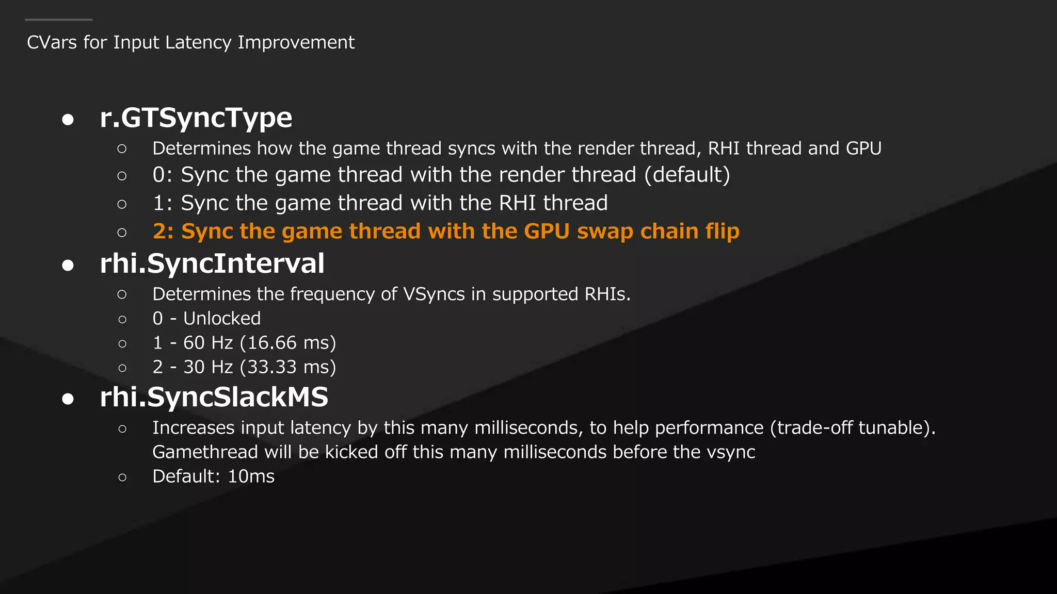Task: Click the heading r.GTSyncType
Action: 196,118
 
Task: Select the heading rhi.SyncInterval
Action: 212,263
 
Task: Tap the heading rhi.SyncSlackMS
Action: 214,397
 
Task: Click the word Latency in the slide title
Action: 198,42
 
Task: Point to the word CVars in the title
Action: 52,42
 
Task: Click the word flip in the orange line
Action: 722,232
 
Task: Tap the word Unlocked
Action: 222,319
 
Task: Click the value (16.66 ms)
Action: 288,343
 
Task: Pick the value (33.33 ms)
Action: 288,367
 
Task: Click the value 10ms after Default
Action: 251,476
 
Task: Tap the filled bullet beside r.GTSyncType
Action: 68,120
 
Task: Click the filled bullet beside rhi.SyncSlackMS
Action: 68,399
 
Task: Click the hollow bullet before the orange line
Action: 122,233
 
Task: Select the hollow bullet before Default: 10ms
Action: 122,477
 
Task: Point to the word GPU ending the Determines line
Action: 863,148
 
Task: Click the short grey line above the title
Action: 58,20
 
